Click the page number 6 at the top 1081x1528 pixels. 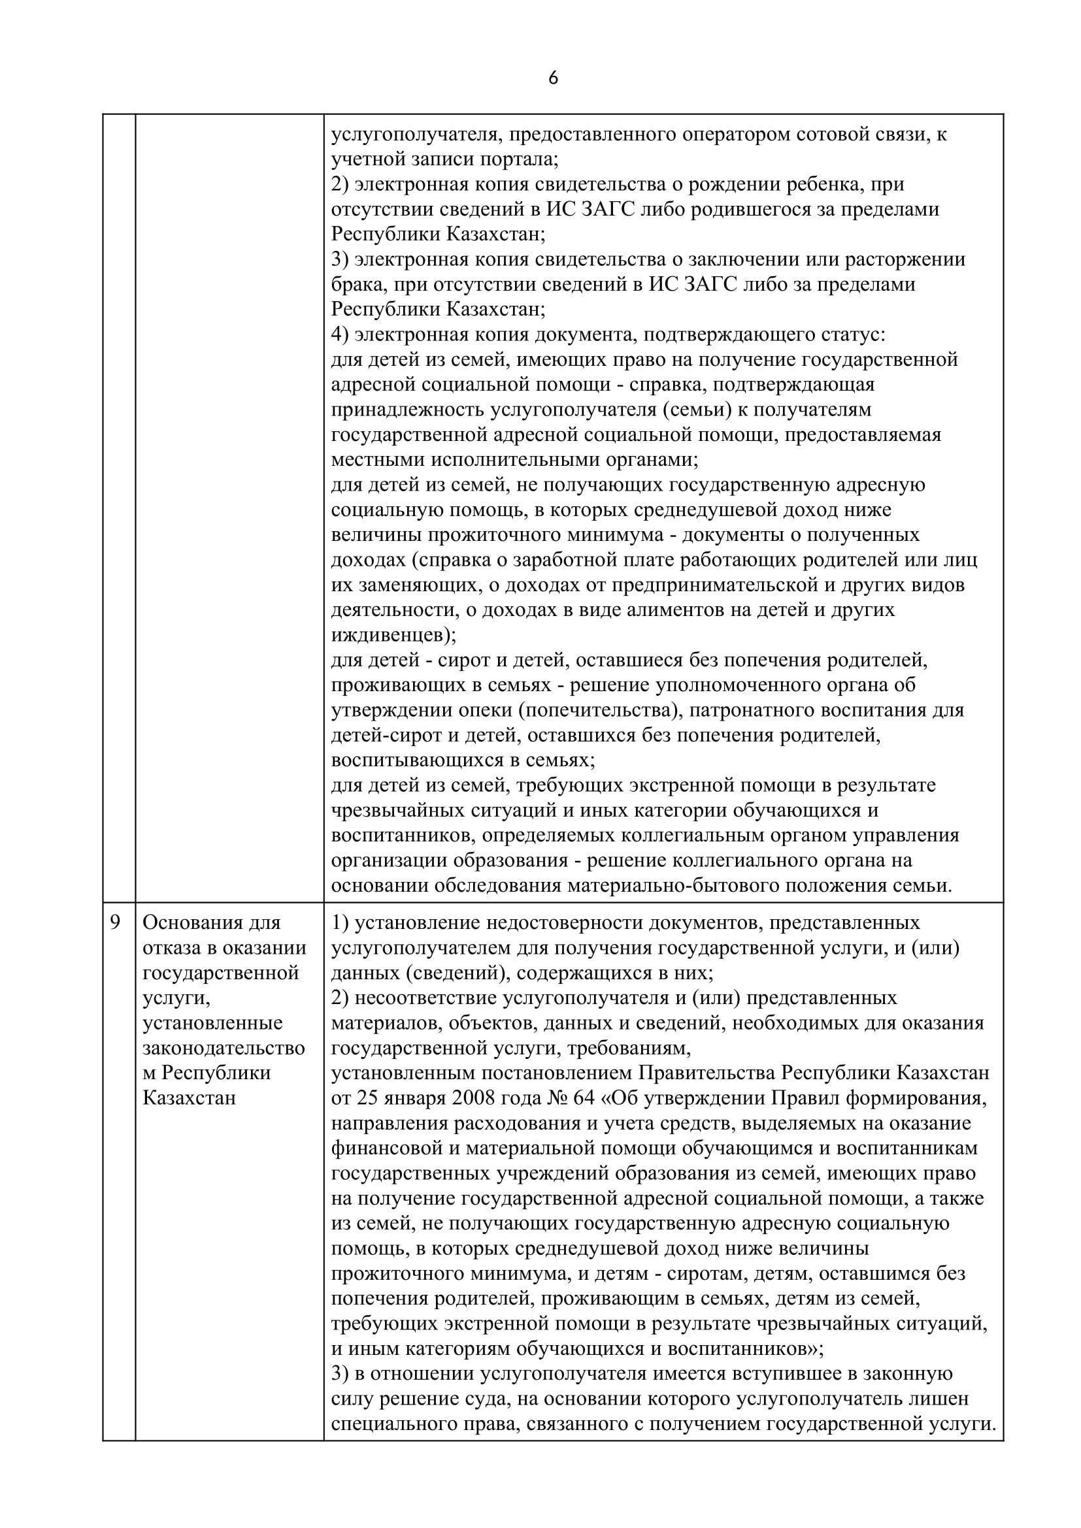552,78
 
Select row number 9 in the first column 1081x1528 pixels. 115,923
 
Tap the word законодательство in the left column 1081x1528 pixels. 224,1048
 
